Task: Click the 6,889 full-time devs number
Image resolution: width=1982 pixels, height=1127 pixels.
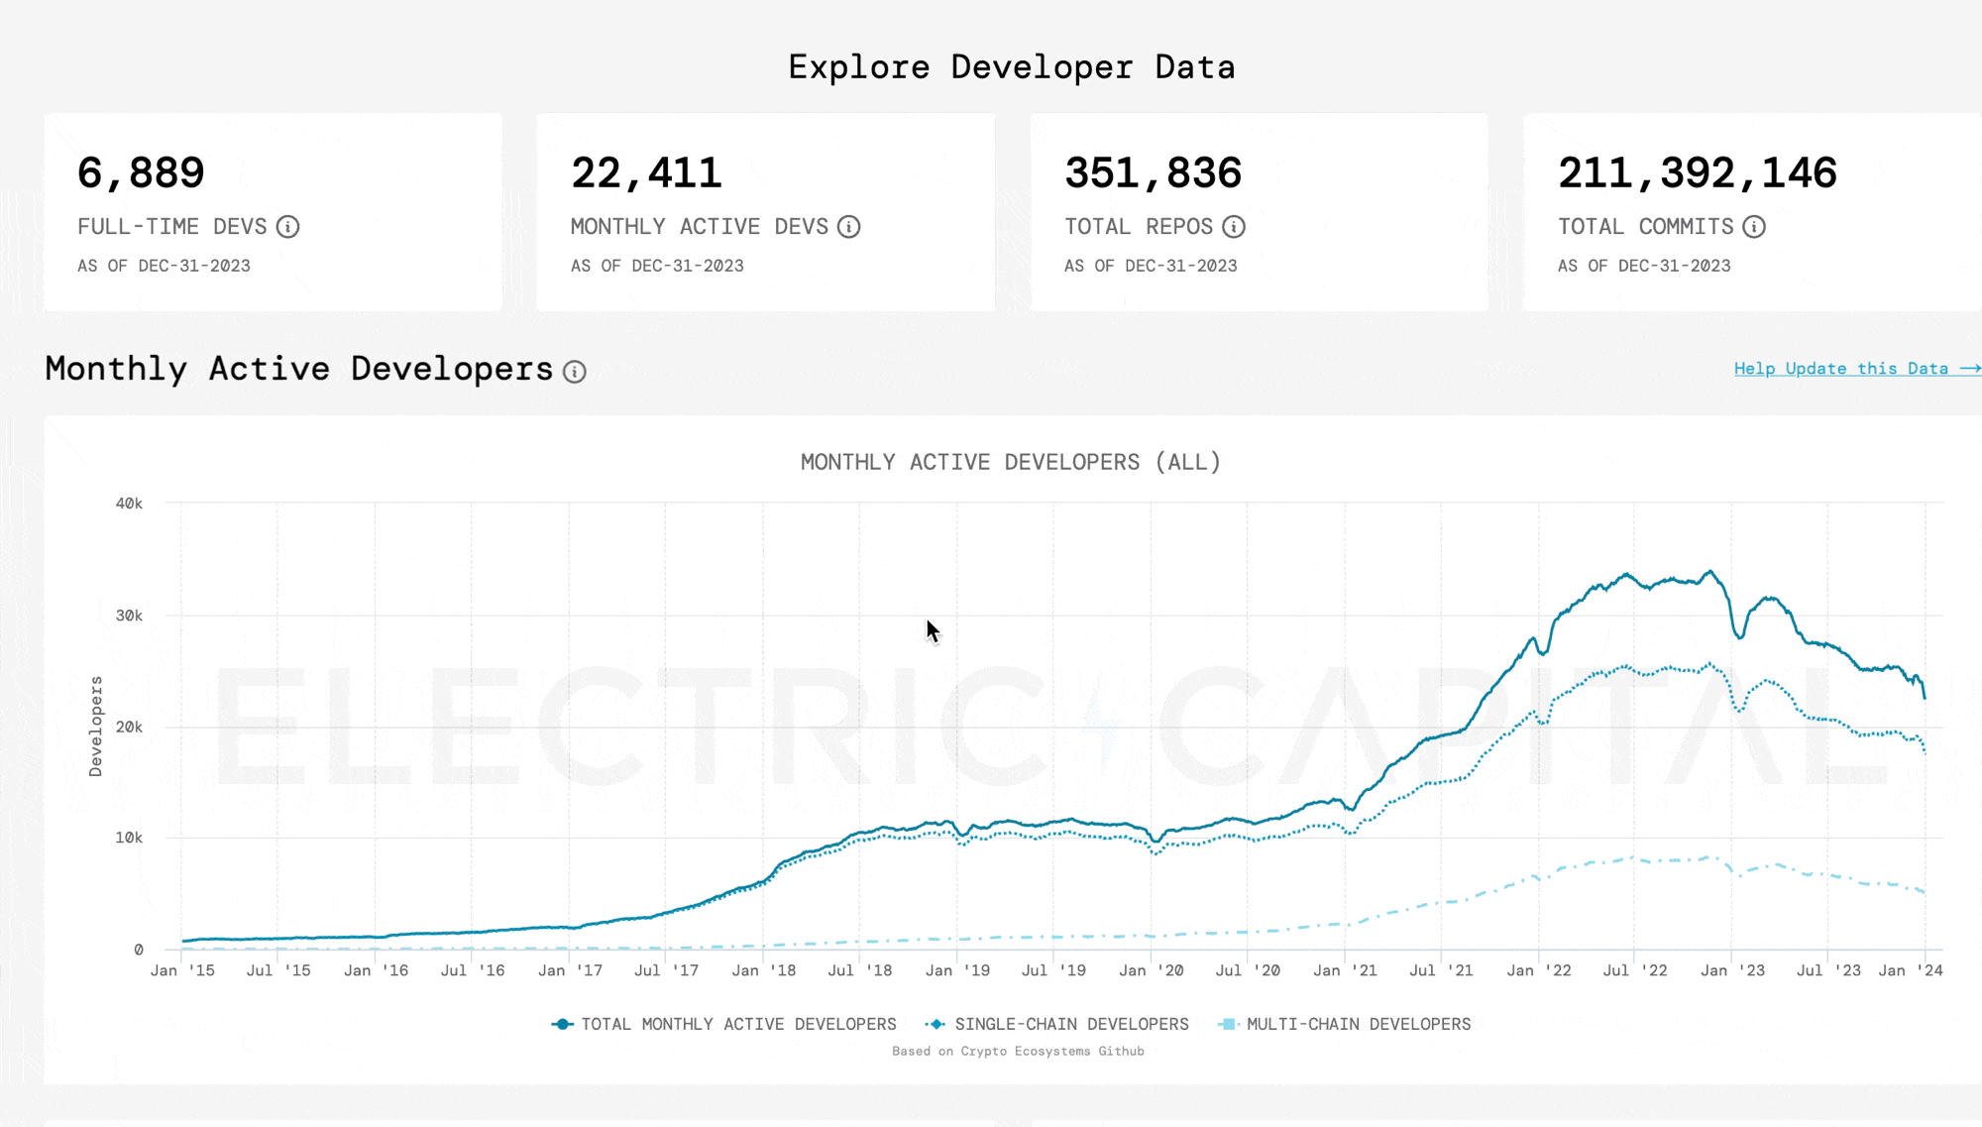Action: point(141,173)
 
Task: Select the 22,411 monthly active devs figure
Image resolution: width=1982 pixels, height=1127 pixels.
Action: point(646,173)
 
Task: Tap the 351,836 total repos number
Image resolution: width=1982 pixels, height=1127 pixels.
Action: point(1153,173)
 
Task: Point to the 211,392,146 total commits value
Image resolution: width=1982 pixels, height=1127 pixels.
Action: point(1697,173)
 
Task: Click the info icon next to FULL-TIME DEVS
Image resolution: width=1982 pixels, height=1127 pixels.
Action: point(287,227)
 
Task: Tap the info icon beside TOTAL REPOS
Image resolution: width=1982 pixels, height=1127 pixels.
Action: point(1234,227)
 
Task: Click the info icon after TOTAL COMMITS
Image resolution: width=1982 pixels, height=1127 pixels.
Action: point(1754,227)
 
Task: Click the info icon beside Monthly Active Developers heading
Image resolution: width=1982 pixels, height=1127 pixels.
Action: point(575,372)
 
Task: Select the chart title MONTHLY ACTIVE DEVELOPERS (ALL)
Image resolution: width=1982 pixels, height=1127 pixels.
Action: point(1011,462)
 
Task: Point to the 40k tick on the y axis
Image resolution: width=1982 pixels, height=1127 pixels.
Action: point(129,504)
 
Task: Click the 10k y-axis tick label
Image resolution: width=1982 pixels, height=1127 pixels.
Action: point(129,838)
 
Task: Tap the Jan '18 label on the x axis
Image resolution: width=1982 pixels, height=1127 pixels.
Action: point(763,970)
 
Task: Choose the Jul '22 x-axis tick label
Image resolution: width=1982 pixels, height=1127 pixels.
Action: point(1635,970)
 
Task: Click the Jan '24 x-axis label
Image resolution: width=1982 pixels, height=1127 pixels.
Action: point(1910,970)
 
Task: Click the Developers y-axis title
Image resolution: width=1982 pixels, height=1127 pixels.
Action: point(96,727)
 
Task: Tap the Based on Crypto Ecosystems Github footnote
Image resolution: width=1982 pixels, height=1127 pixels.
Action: point(1018,1051)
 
